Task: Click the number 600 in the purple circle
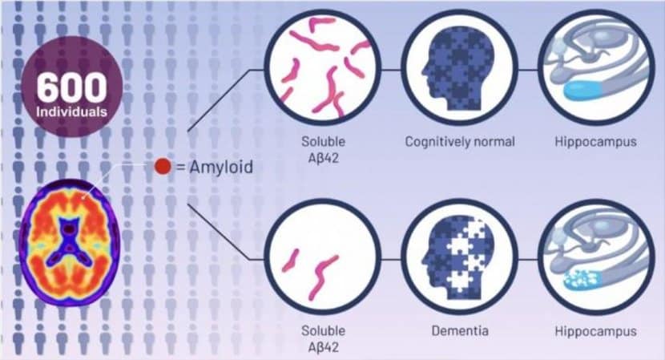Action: [71, 87]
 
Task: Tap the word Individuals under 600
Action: [71, 112]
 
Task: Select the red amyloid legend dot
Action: [163, 167]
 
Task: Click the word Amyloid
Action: [221, 167]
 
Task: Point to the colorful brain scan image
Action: [70, 242]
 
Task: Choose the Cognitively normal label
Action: [460, 141]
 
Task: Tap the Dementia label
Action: [460, 330]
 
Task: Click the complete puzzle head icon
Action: [459, 68]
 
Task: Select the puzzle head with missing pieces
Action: [459, 257]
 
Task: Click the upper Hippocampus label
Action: [595, 142]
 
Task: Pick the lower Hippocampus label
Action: [595, 331]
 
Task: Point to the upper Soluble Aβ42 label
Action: [323, 149]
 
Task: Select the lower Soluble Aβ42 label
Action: [323, 339]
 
